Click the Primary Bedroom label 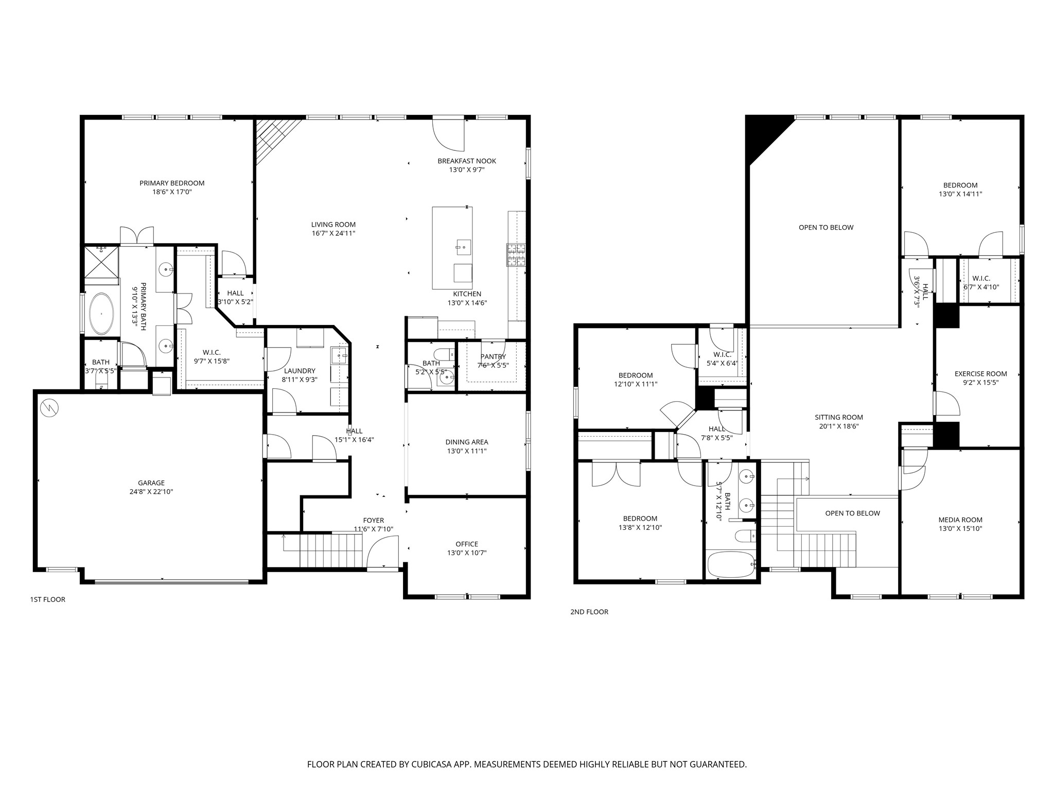pyautogui.click(x=172, y=183)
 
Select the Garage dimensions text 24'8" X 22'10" pyautogui.click(x=151, y=492)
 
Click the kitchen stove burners pyautogui.click(x=516, y=255)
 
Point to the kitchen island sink pyautogui.click(x=464, y=247)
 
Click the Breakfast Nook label pyautogui.click(x=467, y=161)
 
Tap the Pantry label pyautogui.click(x=493, y=357)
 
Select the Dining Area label pyautogui.click(x=467, y=442)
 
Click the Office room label pyautogui.click(x=467, y=544)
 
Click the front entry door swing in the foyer pyautogui.click(x=382, y=553)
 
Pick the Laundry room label pyautogui.click(x=300, y=371)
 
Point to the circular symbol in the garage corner pyautogui.click(x=49, y=408)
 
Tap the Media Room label pyautogui.click(x=960, y=520)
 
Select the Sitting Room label pyautogui.click(x=839, y=418)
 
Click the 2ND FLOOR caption pyautogui.click(x=589, y=612)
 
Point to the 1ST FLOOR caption pyautogui.click(x=48, y=599)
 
